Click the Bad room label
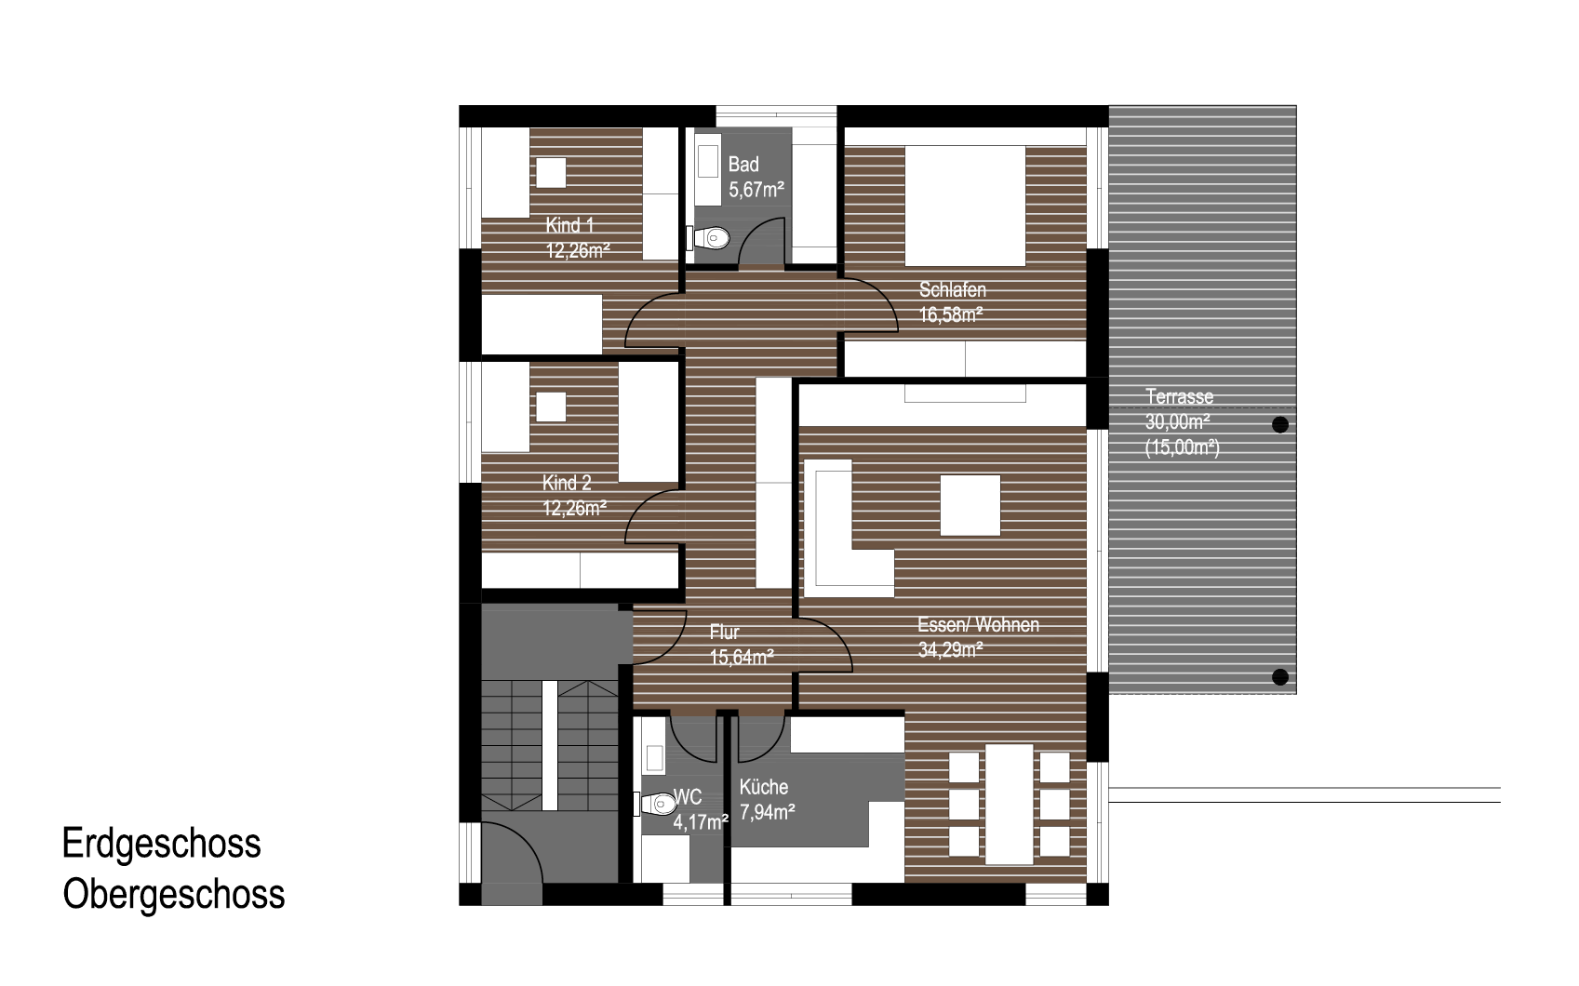pyautogui.click(x=743, y=165)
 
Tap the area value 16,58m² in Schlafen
pyautogui.click(x=951, y=315)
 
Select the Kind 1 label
pyautogui.click(x=569, y=225)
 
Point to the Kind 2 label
pyautogui.click(x=567, y=483)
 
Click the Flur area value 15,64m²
pyautogui.click(x=742, y=658)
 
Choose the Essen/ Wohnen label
pyautogui.click(x=979, y=625)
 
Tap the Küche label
pyautogui.click(x=763, y=787)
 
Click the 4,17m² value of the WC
pyautogui.click(x=701, y=822)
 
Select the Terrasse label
pyautogui.click(x=1179, y=397)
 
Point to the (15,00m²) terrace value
pyautogui.click(x=1182, y=447)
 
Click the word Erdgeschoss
pyautogui.click(x=161, y=843)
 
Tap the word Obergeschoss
pyautogui.click(x=173, y=895)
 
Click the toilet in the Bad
pyautogui.click(x=708, y=237)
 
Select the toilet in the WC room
pyautogui.click(x=655, y=804)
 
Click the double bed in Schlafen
pyautogui.click(x=965, y=206)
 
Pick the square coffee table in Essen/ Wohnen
pyautogui.click(x=970, y=505)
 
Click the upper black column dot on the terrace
pyautogui.click(x=1280, y=425)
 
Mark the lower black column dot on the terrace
pyautogui.click(x=1280, y=677)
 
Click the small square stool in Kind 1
pyautogui.click(x=551, y=173)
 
